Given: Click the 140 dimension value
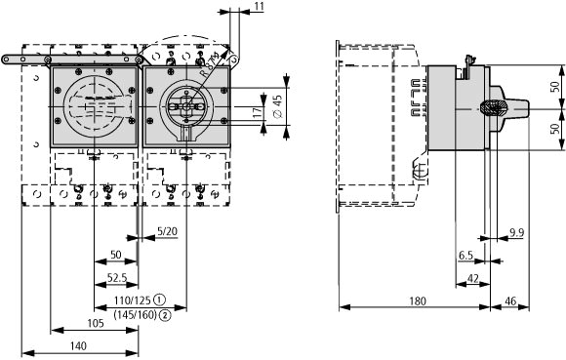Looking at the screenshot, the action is coord(78,346).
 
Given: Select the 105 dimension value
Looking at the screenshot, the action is coord(96,323).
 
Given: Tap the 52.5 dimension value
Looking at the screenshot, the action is coord(117,278).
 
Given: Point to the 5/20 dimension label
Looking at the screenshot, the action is coord(167,231).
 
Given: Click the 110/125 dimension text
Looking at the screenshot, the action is coord(132,300).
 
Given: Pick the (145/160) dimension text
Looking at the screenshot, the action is coord(136,315).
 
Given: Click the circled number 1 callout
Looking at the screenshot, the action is coord(159,300).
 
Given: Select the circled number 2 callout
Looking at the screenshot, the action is coord(165,315).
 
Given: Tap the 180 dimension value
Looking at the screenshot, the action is coord(418,300).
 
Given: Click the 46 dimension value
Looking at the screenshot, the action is coord(510,300).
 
